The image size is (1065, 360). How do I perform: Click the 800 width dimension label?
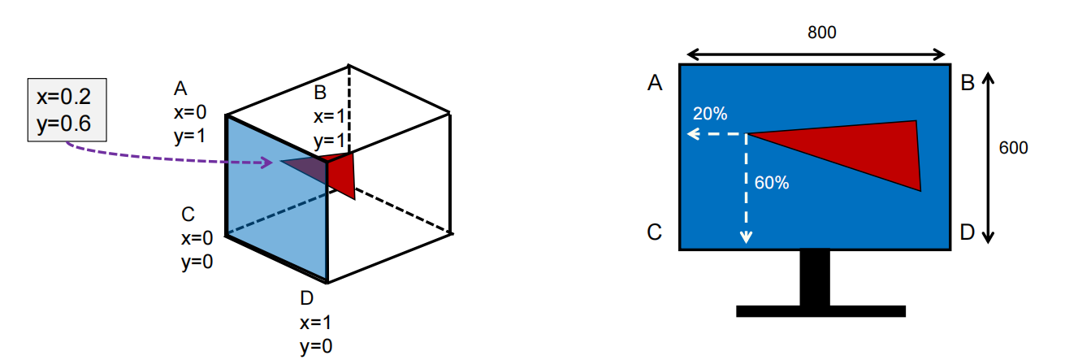pos(821,33)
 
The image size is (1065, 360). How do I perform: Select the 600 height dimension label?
pos(1013,148)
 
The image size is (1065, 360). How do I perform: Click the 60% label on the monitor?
pos(772,183)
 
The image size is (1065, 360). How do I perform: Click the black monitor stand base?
pos(820,310)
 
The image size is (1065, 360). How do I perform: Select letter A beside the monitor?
pos(656,83)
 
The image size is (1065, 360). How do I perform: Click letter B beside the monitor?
pos(967,83)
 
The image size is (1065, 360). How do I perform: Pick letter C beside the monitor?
pos(656,232)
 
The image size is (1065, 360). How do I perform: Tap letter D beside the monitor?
pos(967,232)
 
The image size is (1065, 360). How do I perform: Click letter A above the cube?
pos(180,88)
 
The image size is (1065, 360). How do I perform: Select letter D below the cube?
pos(307,297)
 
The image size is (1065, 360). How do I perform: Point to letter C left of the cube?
pos(188,215)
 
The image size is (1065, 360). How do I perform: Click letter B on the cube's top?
pos(320,93)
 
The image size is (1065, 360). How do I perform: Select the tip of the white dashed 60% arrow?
pos(746,239)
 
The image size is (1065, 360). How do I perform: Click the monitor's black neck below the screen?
pos(815,277)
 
